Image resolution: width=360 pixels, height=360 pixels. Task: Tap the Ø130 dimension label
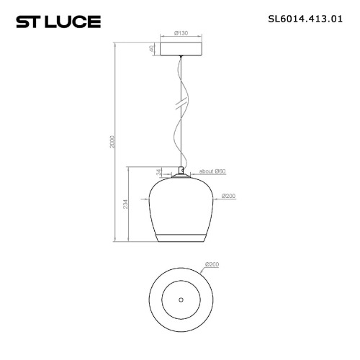point(181,33)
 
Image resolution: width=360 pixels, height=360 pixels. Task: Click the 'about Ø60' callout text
point(212,171)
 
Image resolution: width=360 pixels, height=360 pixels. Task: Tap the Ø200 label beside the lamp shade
point(230,196)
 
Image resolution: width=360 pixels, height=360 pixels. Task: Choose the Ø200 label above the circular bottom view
point(212,264)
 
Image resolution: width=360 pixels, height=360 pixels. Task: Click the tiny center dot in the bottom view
point(180,299)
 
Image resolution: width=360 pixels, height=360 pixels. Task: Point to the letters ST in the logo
point(28,21)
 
